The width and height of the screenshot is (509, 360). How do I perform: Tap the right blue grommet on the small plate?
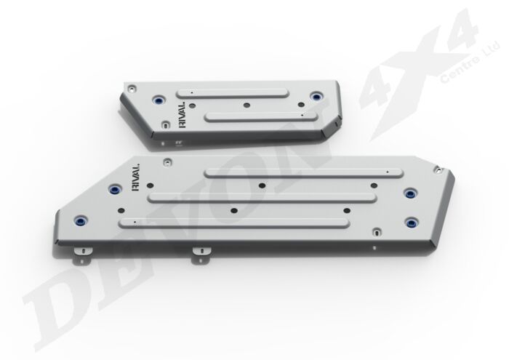click(315, 97)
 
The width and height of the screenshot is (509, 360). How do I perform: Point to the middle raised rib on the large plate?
click(262, 196)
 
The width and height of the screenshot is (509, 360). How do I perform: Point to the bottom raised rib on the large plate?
click(236, 220)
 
